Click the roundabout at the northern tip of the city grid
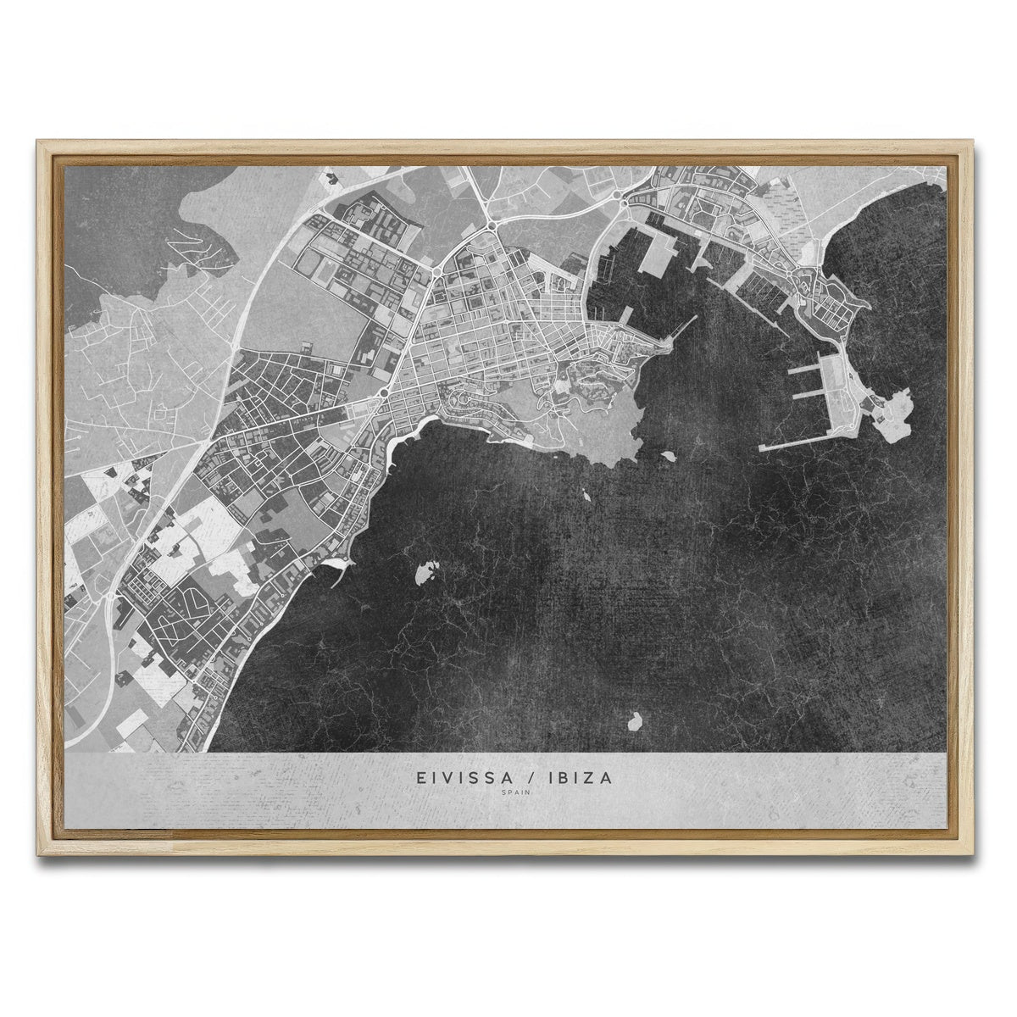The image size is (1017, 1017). [492, 225]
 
